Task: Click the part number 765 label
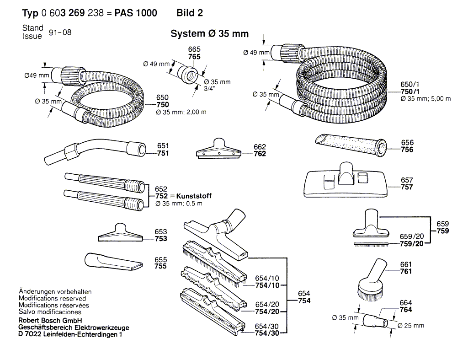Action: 194,57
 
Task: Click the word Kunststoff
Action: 194,196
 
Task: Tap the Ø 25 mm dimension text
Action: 411,326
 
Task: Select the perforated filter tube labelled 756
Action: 351,145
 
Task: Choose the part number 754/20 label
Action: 267,312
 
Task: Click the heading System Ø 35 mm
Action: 209,34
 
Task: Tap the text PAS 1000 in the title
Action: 136,13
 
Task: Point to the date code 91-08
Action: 60,32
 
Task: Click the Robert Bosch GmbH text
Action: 50,321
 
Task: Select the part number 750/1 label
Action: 410,92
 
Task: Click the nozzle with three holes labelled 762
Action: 219,148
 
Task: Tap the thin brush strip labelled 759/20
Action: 371,244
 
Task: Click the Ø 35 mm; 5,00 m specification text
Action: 425,99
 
